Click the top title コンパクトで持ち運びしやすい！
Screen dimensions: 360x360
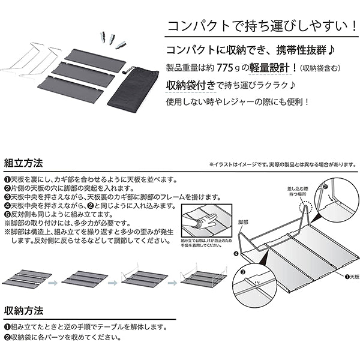point(259,26)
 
